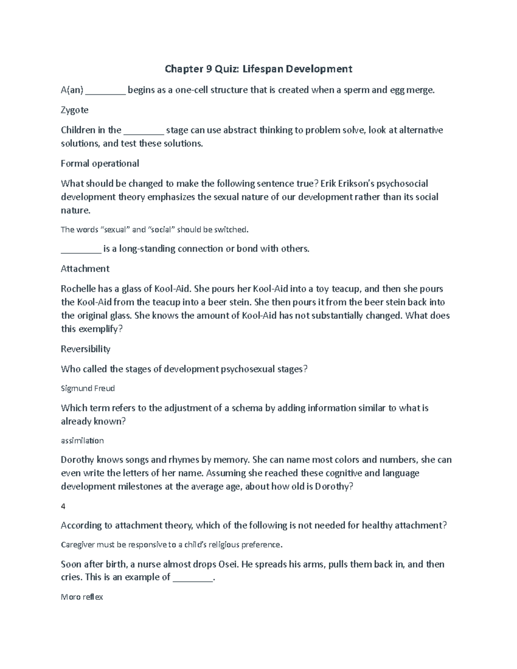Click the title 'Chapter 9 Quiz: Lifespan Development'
point(258,69)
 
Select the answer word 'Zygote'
point(75,110)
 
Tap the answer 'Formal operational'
point(100,164)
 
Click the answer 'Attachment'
point(85,269)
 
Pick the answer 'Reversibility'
point(86,349)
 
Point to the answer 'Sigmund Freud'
point(88,389)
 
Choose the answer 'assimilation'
point(82,441)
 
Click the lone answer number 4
point(63,507)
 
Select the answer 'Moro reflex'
point(82,597)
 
